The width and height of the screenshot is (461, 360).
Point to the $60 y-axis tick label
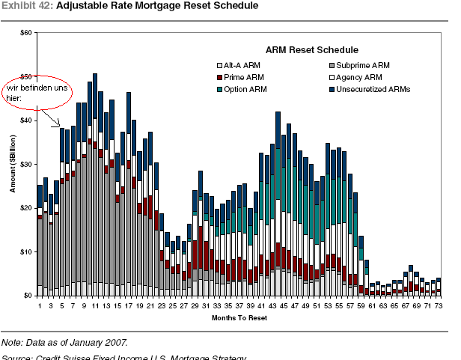click(26, 33)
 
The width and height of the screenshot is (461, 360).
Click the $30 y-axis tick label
click(26, 164)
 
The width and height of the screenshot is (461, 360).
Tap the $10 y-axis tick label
click(26, 251)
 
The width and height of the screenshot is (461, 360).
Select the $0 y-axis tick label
click(28, 295)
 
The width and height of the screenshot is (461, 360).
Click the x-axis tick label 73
click(439, 305)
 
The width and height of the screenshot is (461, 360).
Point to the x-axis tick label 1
click(40, 305)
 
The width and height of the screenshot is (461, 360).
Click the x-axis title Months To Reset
click(238, 318)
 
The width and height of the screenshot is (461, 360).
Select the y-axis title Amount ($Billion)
click(13, 164)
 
